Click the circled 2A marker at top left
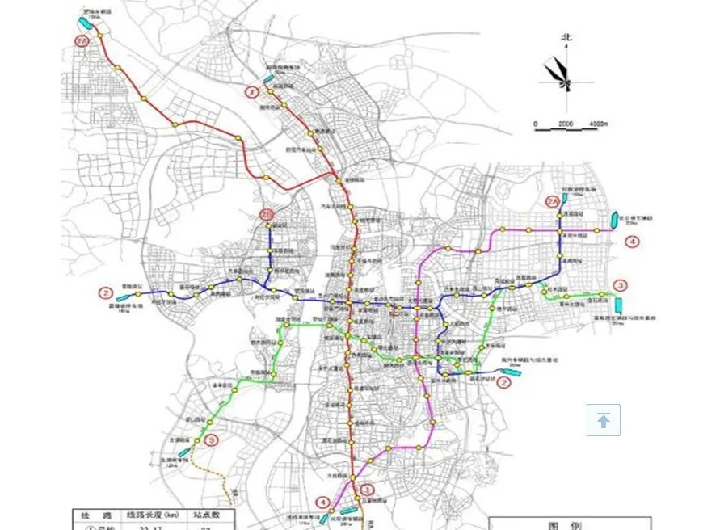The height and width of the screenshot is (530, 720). point(81,40)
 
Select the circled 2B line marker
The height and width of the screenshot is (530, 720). point(267,214)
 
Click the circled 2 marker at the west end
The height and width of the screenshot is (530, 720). point(105,292)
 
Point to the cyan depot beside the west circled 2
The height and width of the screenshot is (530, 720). point(123,298)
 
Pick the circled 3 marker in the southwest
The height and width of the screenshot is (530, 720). point(211,440)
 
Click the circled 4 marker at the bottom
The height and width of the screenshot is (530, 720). point(323,502)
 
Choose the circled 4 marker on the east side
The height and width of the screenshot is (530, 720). point(633,241)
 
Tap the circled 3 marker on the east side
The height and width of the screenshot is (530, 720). point(620,285)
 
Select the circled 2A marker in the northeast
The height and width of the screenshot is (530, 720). point(552,201)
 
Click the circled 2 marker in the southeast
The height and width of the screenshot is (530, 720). point(503,383)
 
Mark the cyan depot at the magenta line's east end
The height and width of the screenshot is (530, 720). point(615,220)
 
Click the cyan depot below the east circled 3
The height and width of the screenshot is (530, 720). point(618,305)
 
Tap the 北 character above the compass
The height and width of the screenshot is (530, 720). point(566,37)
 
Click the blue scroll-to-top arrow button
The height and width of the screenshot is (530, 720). point(604,420)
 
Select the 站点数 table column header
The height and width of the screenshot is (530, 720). point(211,515)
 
